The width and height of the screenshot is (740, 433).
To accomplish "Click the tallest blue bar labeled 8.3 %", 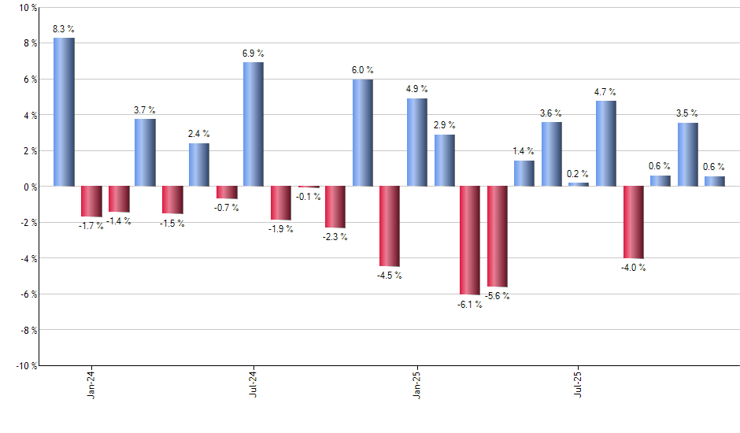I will click(x=64, y=112).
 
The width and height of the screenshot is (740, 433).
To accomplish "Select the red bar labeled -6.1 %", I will click(x=470, y=240).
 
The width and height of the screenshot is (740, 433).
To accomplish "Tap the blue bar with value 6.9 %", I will click(x=253, y=124).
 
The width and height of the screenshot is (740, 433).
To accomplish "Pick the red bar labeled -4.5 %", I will click(x=389, y=226).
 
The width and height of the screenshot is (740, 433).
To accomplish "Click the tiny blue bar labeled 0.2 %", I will click(x=579, y=184).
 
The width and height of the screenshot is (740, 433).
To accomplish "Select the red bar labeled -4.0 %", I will click(x=633, y=222).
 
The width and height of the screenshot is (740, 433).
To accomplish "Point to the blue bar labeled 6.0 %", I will click(x=362, y=132).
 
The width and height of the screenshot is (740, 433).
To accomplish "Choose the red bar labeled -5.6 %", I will click(x=498, y=236).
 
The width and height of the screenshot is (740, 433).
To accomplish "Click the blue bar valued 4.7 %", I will click(x=606, y=144).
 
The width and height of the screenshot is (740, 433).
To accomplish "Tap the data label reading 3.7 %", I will click(x=145, y=110).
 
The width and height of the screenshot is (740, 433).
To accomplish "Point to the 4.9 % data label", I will click(x=416, y=89).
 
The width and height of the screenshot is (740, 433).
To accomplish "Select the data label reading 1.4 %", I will click(x=524, y=151).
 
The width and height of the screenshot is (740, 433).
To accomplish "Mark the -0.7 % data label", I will click(x=227, y=208).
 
